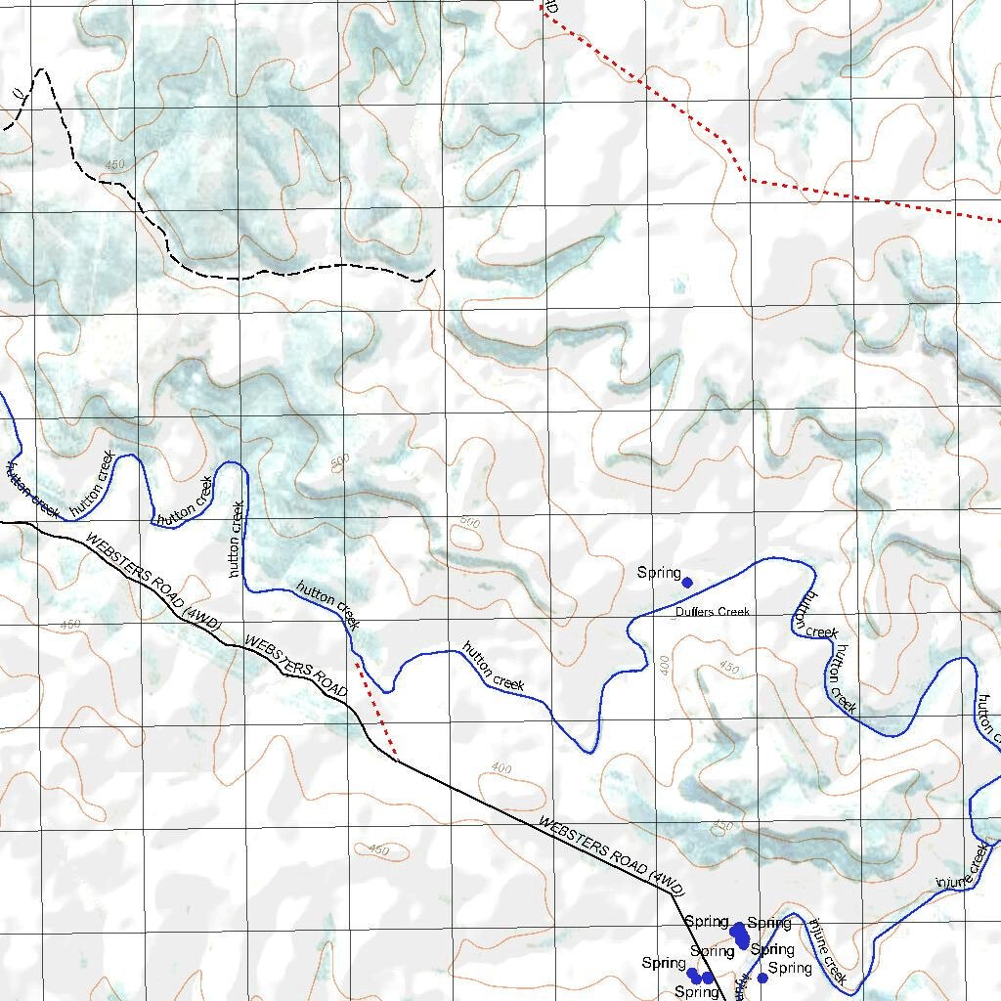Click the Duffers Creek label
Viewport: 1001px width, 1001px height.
point(712,612)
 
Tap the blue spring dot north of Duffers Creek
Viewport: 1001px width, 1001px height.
point(687,583)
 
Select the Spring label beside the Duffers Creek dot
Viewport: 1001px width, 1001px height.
point(658,573)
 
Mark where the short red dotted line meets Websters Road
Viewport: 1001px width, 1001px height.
point(396,759)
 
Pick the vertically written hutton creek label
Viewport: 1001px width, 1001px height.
point(238,539)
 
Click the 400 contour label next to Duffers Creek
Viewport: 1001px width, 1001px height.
point(666,666)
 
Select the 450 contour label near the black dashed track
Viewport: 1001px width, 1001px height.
point(114,165)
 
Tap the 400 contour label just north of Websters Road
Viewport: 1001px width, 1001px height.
point(501,768)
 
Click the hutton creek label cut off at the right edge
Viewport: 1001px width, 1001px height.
point(987,718)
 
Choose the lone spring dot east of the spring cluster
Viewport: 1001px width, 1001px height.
point(762,978)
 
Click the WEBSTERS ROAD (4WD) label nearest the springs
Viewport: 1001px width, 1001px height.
point(611,855)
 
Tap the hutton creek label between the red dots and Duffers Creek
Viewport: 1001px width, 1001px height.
point(493,667)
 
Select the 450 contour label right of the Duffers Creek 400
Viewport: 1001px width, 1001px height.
point(729,669)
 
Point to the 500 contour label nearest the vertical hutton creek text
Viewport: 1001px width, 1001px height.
point(339,460)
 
